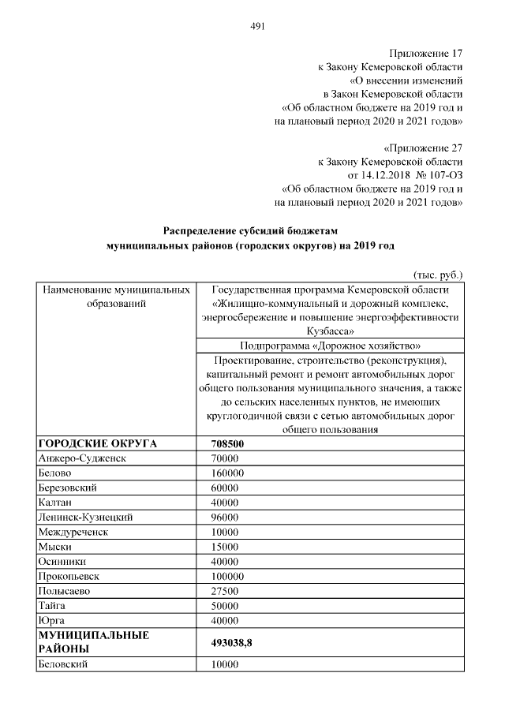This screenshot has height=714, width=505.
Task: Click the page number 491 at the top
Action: coord(256,26)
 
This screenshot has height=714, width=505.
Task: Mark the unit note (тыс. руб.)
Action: coord(438,275)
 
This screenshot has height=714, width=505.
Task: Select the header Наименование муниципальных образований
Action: coord(115,297)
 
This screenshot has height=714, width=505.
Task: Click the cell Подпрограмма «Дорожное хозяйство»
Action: coord(330,346)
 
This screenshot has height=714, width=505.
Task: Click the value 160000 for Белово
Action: coord(227,473)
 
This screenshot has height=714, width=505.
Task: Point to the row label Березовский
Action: coord(67,488)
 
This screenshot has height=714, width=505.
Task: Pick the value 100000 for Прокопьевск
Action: coord(227,576)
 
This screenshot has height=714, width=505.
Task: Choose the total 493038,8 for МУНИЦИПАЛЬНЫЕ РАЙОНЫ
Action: coord(232,642)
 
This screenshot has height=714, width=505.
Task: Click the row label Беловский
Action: coord(62,665)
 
